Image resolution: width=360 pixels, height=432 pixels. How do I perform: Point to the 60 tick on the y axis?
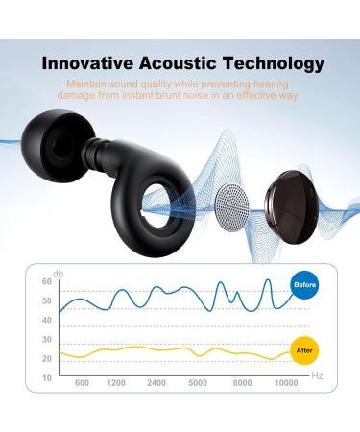point(46,281)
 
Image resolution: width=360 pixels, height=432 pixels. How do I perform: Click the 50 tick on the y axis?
point(46,300)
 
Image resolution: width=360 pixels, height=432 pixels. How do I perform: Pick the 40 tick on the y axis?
point(46,320)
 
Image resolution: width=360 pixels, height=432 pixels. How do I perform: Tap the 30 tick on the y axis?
point(46,339)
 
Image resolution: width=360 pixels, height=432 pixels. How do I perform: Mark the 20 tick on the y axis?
point(46,358)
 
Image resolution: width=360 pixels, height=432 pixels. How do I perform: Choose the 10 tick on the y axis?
point(46,377)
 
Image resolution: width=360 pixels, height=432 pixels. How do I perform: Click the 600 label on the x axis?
point(82,384)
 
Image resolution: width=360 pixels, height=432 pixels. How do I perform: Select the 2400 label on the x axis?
point(156,384)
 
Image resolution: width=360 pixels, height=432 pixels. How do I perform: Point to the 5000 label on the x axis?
point(199,384)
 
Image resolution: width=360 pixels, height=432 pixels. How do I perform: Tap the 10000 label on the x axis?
point(286,384)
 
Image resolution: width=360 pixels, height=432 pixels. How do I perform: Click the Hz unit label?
point(317,375)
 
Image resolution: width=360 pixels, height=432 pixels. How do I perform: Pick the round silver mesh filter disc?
point(229,200)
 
